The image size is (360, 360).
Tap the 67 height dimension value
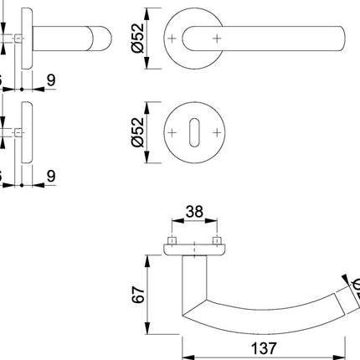(138, 293)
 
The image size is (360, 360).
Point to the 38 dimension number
(194, 213)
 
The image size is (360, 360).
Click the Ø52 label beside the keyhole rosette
(138, 134)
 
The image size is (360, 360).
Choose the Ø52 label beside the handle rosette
(138, 39)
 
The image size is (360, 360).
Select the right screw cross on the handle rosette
(218, 39)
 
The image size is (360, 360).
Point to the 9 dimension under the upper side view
(52, 81)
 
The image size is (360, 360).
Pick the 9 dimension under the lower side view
(52, 177)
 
